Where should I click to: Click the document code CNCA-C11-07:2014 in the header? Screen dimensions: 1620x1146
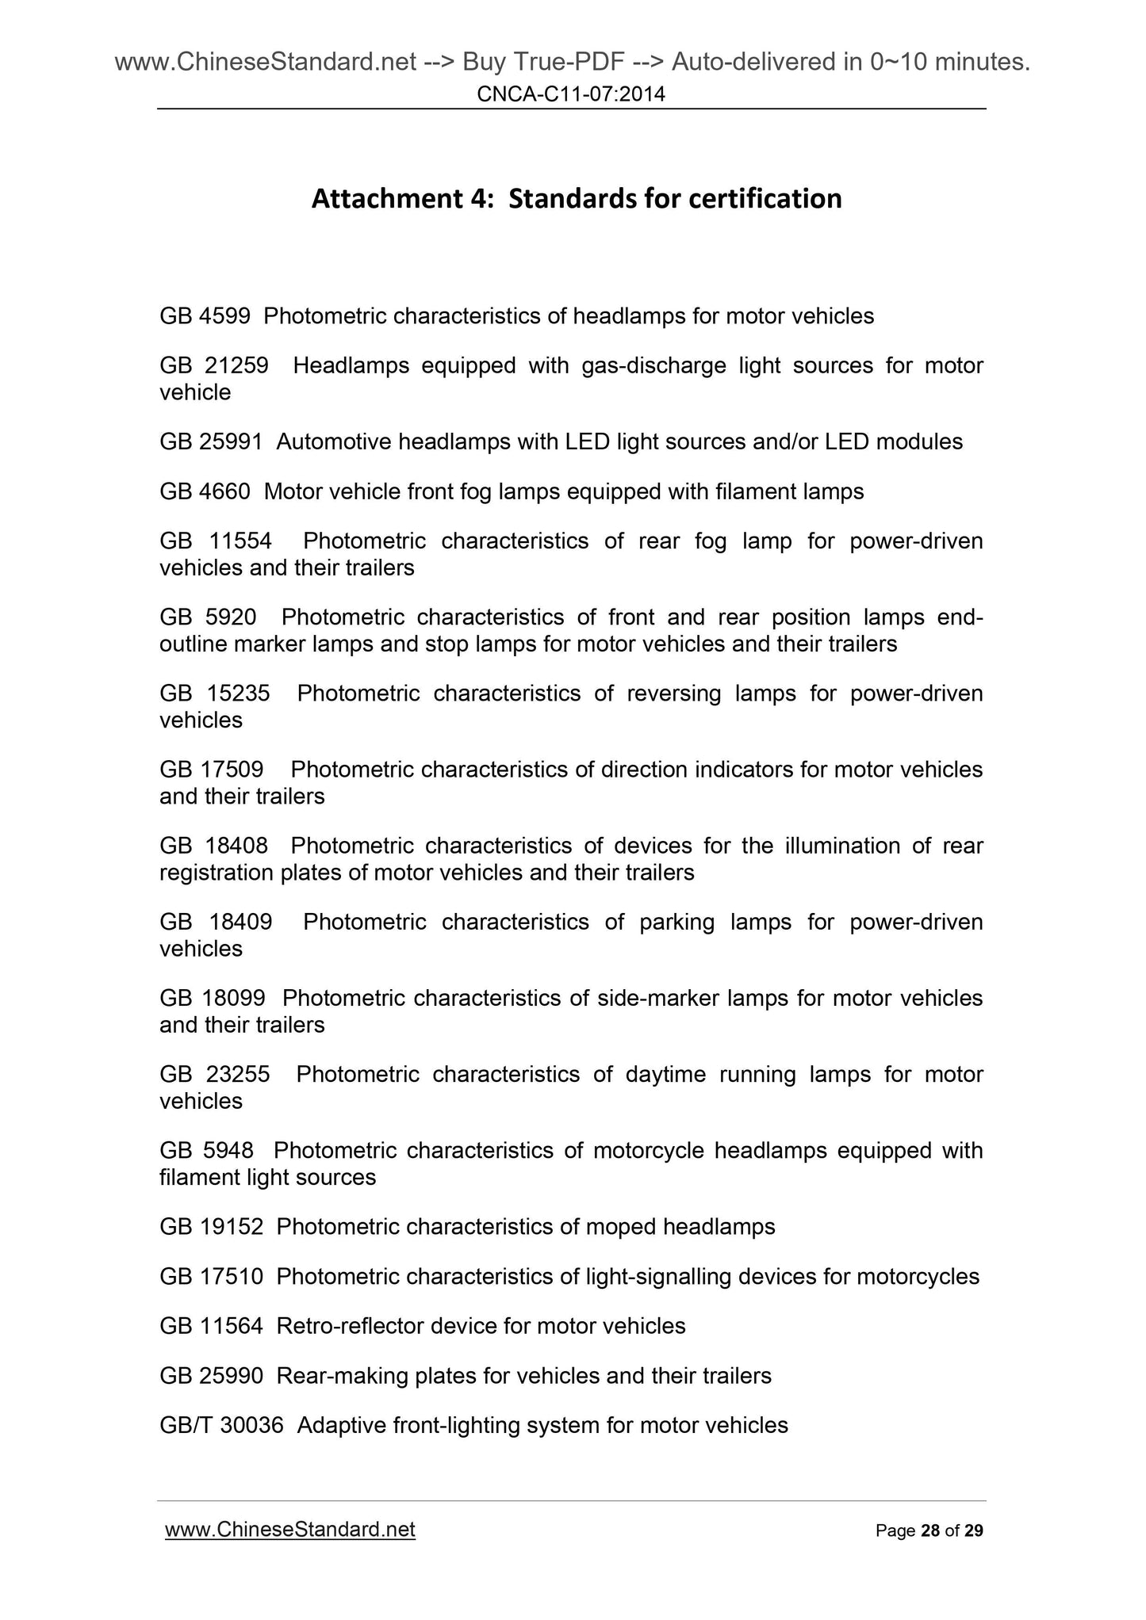click(x=571, y=95)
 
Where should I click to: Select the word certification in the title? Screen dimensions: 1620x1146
click(x=765, y=198)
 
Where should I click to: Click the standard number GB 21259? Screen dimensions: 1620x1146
click(x=213, y=366)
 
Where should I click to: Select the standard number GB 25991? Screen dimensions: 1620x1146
click(x=211, y=442)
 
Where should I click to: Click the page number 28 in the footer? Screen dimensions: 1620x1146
click(x=929, y=1531)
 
